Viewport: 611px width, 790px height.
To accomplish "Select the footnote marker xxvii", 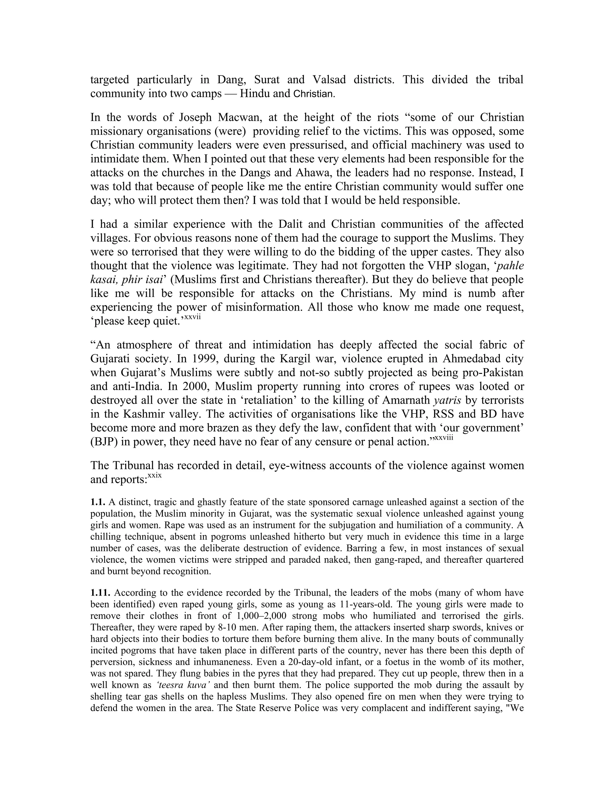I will pyautogui.click(x=192, y=317).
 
